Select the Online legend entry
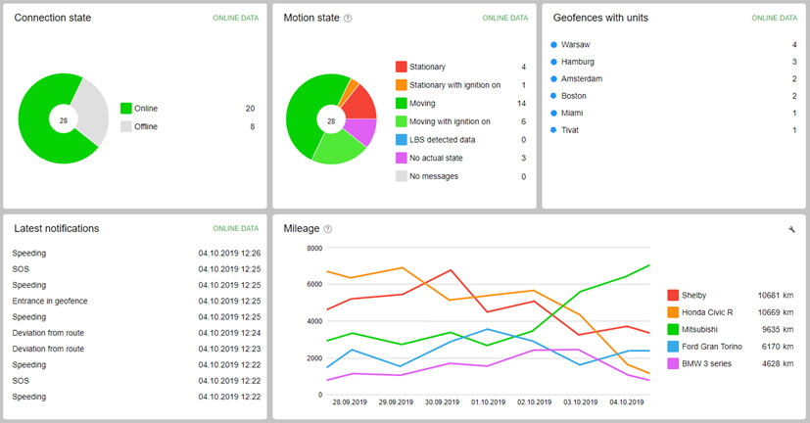point(145,108)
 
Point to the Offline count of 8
point(252,126)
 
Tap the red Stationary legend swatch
point(402,67)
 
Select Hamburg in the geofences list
point(578,62)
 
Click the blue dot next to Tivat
point(554,130)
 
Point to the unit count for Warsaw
point(793,45)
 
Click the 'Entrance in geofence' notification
point(50,301)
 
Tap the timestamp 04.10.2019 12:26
point(229,254)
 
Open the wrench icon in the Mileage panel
point(790,229)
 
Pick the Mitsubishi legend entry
point(706,329)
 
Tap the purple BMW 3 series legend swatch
point(673,363)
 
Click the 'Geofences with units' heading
point(600,18)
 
